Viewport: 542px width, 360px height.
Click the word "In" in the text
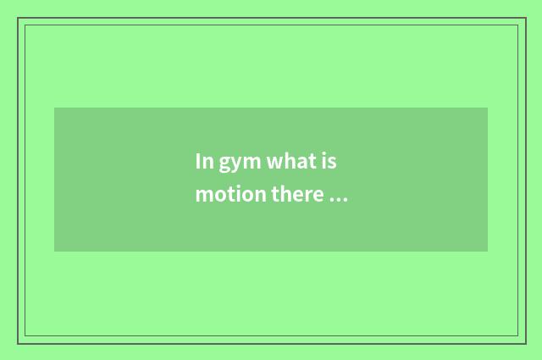[204, 161]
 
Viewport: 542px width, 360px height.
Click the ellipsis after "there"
[338, 199]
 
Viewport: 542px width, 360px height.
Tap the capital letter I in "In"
[199, 161]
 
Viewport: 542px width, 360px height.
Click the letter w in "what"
[274, 162]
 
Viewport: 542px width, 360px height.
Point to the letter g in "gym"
[226, 163]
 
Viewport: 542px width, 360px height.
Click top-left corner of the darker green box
[54, 108]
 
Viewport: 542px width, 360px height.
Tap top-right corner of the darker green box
[488, 108]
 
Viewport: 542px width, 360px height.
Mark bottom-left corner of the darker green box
[54, 252]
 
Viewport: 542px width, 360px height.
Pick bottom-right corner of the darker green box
[488, 252]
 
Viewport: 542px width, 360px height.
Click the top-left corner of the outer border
[18, 18]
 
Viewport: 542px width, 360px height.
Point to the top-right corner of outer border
[525, 18]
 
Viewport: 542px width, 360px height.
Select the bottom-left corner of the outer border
[18, 343]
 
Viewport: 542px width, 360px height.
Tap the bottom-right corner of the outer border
[525, 343]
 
